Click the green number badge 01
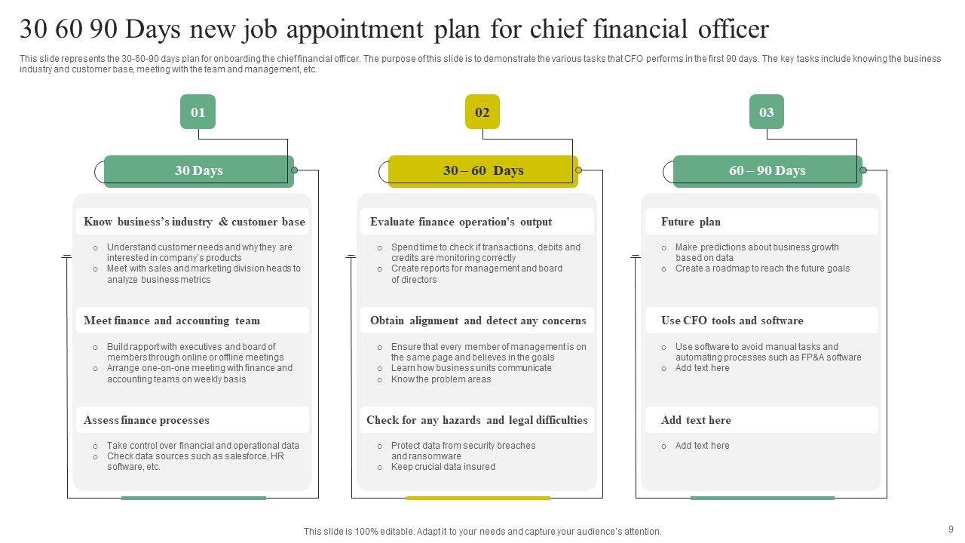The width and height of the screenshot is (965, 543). point(198,112)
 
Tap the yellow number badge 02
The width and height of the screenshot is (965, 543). point(482,112)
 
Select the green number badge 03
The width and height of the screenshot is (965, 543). point(766,112)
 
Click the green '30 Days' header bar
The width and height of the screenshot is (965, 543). point(198,170)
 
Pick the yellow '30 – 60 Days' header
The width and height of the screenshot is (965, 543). point(482,170)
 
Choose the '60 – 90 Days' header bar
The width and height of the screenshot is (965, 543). point(767,170)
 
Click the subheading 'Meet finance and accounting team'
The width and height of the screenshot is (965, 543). point(172,321)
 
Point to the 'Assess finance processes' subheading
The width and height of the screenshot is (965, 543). point(146,420)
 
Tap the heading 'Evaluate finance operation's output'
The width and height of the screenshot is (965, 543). point(461,222)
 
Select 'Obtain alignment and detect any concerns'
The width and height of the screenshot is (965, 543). point(478,321)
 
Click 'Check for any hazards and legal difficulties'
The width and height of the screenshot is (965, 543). point(477,420)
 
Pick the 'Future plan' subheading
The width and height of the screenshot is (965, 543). point(691,222)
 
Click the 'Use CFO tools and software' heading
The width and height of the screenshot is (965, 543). point(732,321)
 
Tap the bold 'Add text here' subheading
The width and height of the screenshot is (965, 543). point(696,420)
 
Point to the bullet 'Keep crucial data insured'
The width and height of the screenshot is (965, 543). point(443,467)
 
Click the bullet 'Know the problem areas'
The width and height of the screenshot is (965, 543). point(441,379)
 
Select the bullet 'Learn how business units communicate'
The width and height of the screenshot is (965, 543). point(471,368)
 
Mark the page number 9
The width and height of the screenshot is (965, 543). point(951,529)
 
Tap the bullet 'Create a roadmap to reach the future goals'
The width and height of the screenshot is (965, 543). point(762,268)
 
